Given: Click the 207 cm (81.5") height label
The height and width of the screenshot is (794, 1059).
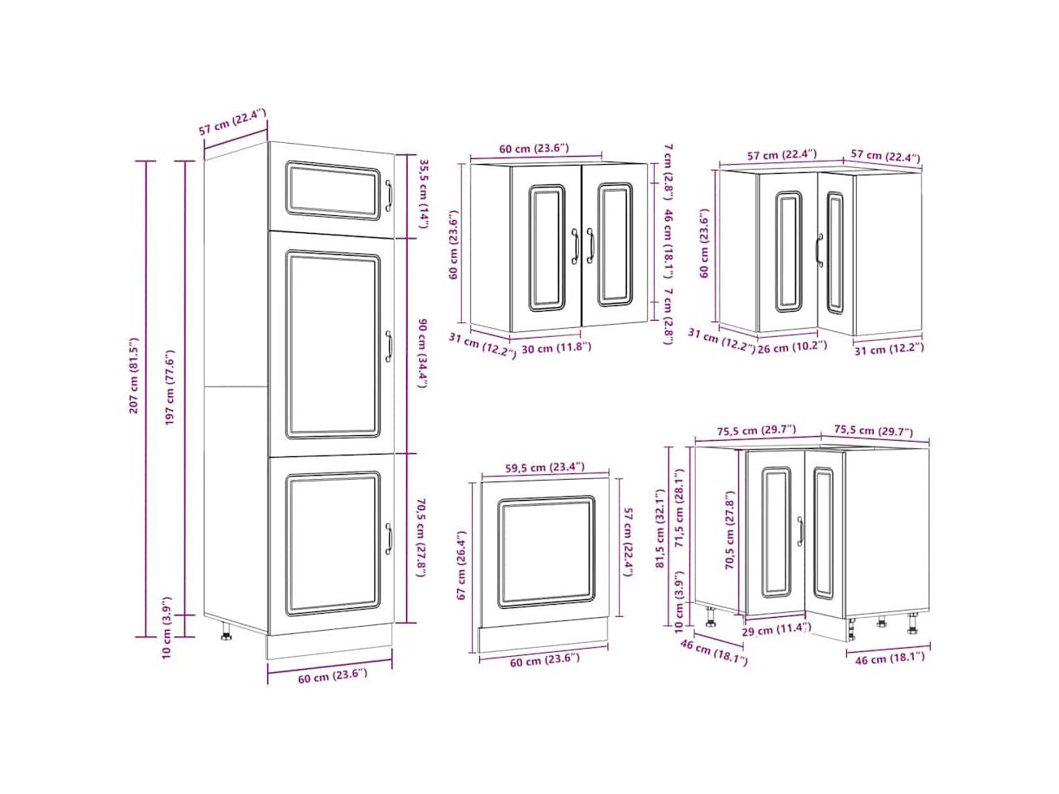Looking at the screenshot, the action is pos(134,374).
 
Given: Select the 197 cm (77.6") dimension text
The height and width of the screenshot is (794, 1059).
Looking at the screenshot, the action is pos(170,387).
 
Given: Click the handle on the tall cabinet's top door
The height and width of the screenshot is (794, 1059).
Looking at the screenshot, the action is pos(388,196).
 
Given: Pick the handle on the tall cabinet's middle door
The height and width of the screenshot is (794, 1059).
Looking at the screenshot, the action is pos(388,346).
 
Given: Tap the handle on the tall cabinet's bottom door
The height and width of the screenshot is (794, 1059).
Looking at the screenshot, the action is pos(388,538).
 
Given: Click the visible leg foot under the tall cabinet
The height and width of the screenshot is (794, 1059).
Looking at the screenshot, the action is pos(225,632).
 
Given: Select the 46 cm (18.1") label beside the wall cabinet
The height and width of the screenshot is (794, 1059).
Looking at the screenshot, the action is pos(668,244).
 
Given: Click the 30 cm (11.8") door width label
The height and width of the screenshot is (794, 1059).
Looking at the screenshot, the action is pos(556,347).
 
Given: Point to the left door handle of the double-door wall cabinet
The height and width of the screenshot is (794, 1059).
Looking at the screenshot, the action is pos(575,246).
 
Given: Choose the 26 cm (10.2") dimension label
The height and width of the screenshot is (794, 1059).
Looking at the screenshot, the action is pos(792,347).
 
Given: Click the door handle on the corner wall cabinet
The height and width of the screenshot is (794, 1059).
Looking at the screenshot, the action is pos(819,250).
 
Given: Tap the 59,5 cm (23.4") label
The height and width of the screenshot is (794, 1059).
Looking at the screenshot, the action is pos(545,467).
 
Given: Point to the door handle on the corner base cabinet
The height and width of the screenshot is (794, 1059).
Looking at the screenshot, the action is pos(801,531).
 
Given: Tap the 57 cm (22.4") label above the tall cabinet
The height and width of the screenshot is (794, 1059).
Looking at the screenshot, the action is pos(232,123).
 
